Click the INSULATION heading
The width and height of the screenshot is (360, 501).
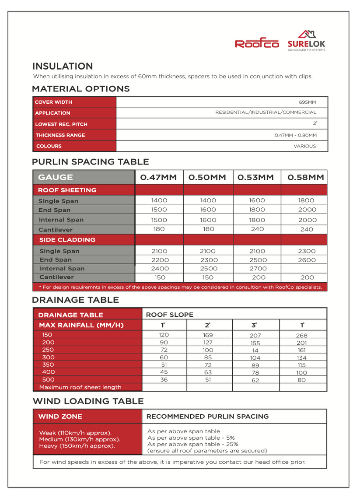[x=63, y=67]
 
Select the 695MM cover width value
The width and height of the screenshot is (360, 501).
[x=307, y=102]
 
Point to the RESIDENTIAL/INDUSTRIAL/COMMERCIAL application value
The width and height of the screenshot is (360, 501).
[x=266, y=113]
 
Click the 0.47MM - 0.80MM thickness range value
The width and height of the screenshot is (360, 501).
[x=295, y=135]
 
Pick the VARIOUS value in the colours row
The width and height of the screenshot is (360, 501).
[x=304, y=146]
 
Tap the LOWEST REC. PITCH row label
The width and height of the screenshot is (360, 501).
[x=61, y=124]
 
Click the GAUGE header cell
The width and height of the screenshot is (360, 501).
[x=56, y=177]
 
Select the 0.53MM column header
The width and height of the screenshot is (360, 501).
[x=256, y=177]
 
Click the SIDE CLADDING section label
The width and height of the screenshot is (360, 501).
[x=67, y=240]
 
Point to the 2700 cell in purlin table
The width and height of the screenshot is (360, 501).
[x=257, y=268]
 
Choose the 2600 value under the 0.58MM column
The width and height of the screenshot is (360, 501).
[x=307, y=260]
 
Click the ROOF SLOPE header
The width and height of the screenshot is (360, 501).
[x=169, y=315]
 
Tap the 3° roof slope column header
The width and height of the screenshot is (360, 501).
[x=255, y=325]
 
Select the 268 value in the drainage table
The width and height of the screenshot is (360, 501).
[x=302, y=336]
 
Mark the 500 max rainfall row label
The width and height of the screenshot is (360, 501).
[x=48, y=379]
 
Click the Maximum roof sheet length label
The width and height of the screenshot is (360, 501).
[x=80, y=387]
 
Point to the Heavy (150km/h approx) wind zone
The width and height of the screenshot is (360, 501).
[x=77, y=446]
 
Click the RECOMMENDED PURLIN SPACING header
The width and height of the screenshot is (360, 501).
[x=207, y=416]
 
